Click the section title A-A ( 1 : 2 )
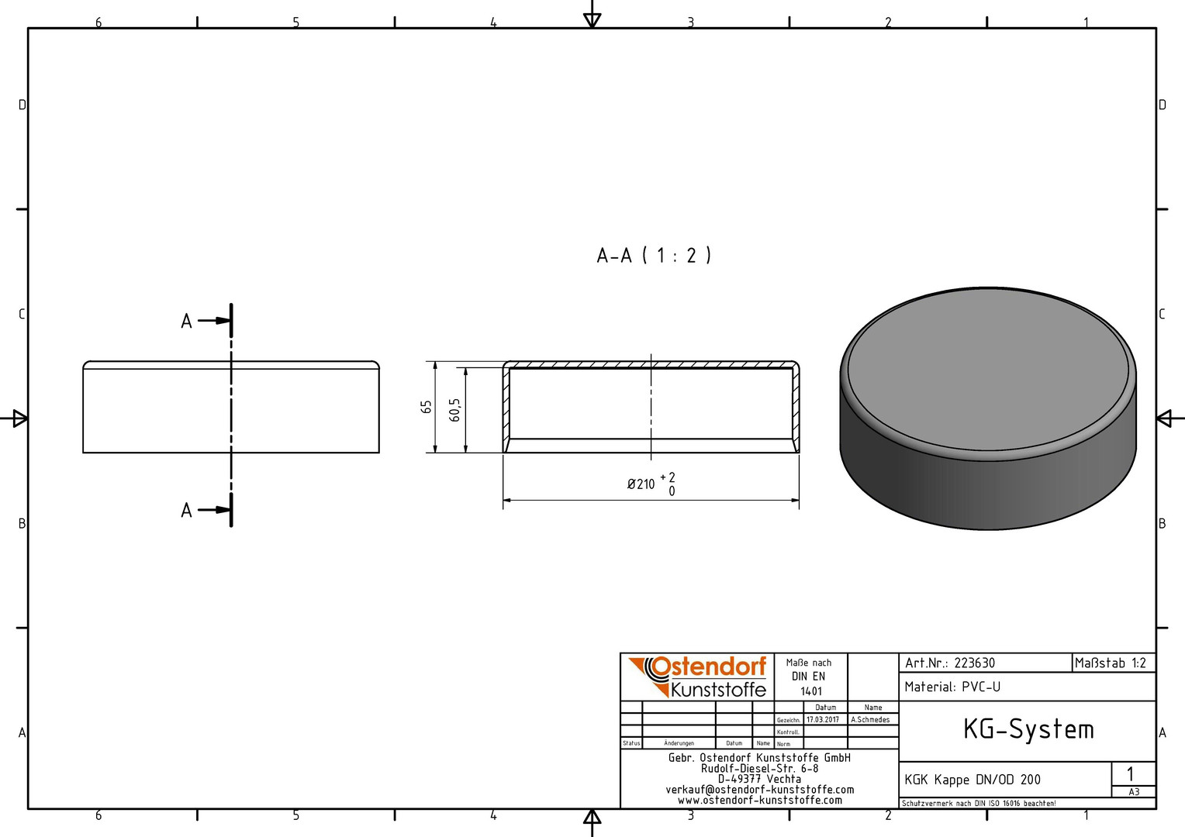[x=654, y=256]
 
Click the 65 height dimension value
[x=427, y=407]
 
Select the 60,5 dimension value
[x=455, y=410]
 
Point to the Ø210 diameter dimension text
[x=641, y=484]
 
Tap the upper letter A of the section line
[x=186, y=322]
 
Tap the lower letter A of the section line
[x=186, y=511]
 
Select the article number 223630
[x=975, y=663]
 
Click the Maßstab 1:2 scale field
[x=1110, y=663]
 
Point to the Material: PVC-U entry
[x=952, y=687]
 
